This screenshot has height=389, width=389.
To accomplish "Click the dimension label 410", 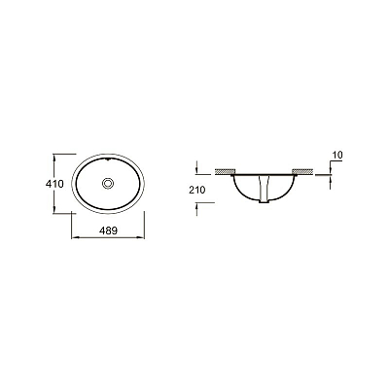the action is [x=54, y=184].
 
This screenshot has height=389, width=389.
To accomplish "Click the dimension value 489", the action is [x=108, y=230].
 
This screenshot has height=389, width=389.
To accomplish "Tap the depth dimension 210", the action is [x=197, y=190].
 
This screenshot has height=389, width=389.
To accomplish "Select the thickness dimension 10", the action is [x=337, y=156].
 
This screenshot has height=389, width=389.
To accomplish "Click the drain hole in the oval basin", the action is [x=108, y=183].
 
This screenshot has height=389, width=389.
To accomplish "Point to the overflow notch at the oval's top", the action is [x=108, y=159].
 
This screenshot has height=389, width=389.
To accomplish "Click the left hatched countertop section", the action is [x=225, y=171].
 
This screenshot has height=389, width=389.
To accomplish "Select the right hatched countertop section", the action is [x=302, y=171].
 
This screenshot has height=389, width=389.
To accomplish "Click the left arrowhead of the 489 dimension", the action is [x=74, y=237].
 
